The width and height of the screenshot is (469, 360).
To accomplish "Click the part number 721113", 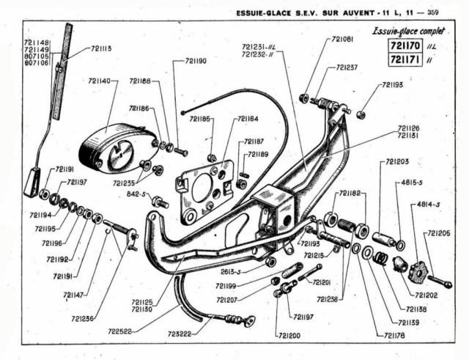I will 102,49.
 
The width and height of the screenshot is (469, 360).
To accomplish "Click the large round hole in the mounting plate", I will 200,188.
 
